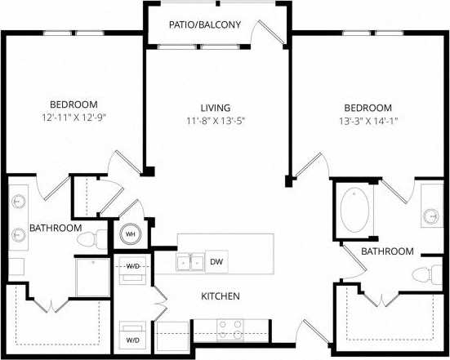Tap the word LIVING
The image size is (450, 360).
tap(216, 108)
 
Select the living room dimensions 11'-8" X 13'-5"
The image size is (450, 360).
tap(216, 121)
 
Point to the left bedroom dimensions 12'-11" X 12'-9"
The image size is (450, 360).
tap(74, 117)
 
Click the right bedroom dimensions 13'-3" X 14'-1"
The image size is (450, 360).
tap(368, 121)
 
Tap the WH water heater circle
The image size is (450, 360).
tap(129, 235)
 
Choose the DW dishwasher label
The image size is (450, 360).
tap(216, 262)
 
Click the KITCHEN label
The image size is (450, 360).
tap(221, 296)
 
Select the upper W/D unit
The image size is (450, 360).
tap(133, 269)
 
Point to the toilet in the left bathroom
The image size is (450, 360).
tap(99, 238)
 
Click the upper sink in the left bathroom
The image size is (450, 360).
tap(20, 202)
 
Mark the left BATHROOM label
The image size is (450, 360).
tap(56, 228)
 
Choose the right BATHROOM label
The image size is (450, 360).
tap(387, 251)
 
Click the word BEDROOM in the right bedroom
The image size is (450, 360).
tap(368, 108)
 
